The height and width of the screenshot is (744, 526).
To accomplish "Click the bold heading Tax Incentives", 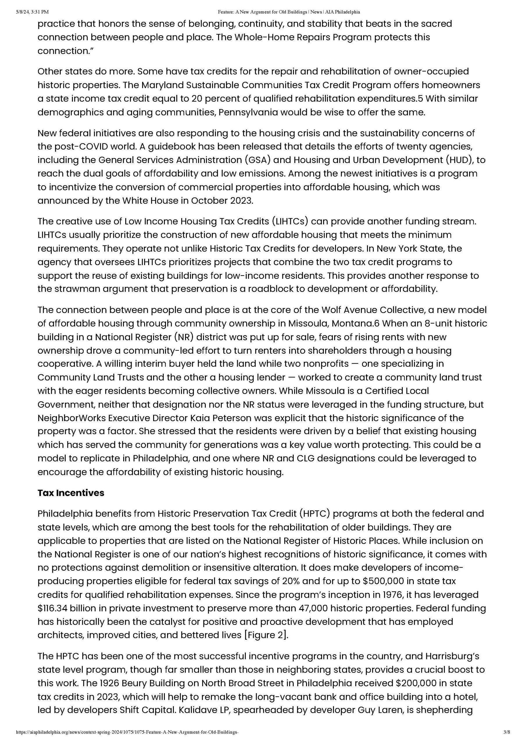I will tap(71, 493).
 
